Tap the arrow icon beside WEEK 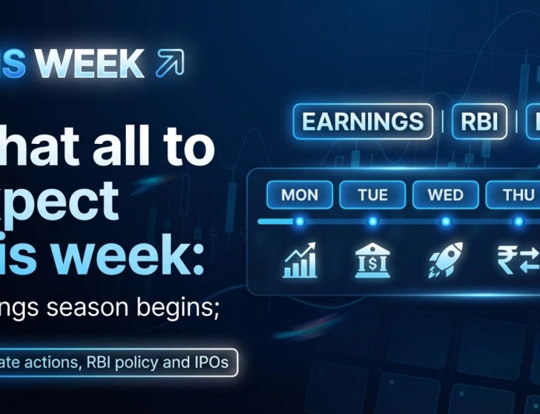point(170,63)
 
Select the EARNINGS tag point(363,121)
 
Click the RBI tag point(479,121)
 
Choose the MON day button point(300,195)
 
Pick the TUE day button point(373,195)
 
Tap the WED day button point(445,195)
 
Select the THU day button point(517,195)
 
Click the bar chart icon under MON point(300,260)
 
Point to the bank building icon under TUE point(373,260)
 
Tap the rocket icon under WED point(445,260)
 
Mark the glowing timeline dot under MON point(300,222)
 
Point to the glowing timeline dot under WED point(445,222)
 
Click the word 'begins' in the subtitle point(183,309)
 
